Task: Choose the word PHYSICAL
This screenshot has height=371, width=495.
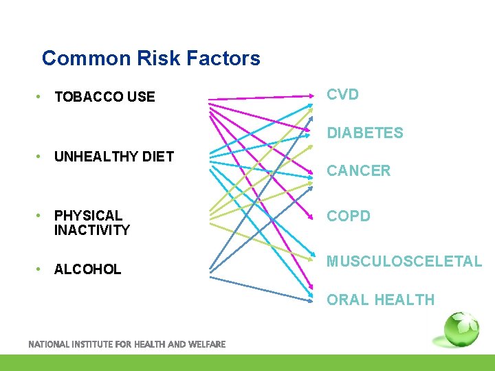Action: (x=88, y=216)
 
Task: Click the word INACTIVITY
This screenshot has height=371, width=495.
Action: (x=91, y=230)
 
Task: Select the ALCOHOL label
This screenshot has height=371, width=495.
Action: (x=87, y=269)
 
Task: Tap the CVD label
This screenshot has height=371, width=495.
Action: (x=342, y=95)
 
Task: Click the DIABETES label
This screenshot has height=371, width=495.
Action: (x=364, y=133)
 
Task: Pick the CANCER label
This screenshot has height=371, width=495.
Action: (x=358, y=171)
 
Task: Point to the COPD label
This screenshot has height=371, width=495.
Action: (x=348, y=216)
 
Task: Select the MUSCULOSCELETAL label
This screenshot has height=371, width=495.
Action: (x=404, y=262)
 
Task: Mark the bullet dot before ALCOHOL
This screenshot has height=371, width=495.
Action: (x=41, y=269)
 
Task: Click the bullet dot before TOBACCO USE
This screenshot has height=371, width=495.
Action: (x=41, y=97)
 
